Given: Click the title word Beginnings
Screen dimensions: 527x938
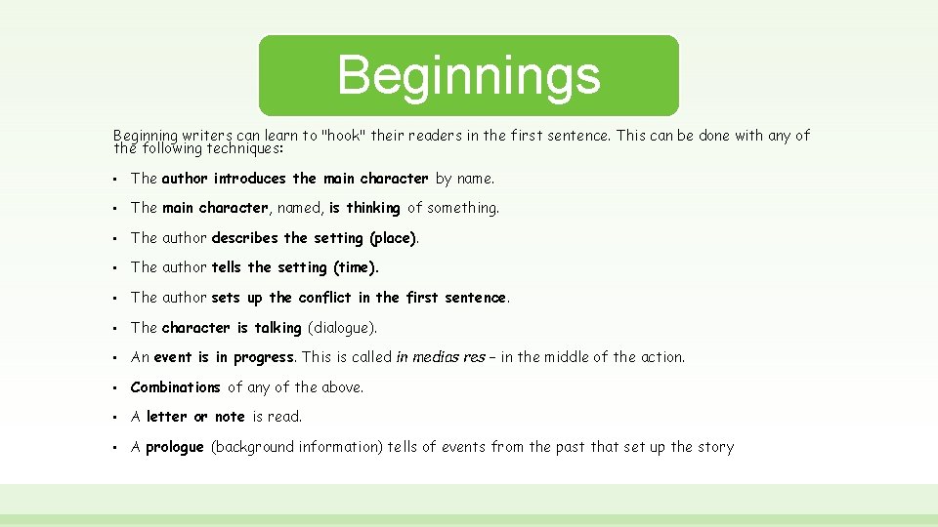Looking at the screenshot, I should coord(468,75).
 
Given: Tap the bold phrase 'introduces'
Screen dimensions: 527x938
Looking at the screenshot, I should coord(250,179).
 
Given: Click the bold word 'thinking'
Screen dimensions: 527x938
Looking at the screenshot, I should coord(372,208).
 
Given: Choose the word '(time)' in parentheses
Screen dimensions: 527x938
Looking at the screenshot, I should coord(356,267).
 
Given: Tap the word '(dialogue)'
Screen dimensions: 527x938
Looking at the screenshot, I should coord(342,328).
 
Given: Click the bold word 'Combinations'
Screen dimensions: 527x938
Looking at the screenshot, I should coord(175,387).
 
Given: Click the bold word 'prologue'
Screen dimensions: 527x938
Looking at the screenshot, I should coord(174,447).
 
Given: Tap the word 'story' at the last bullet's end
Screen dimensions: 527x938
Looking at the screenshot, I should coord(715,447).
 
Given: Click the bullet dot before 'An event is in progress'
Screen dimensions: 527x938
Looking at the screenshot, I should coord(115,358).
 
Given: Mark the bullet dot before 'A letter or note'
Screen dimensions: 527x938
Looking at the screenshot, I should coord(115,418).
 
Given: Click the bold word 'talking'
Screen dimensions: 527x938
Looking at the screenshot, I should coord(278,328).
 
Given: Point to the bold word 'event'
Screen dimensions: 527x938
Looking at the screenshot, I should coord(173,357).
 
